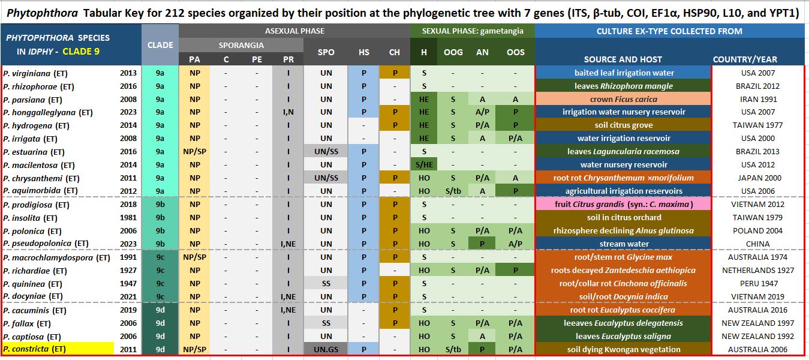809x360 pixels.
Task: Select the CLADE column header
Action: (160, 45)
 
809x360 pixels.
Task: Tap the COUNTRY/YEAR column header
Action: (745, 59)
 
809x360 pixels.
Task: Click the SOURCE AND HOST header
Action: (623, 59)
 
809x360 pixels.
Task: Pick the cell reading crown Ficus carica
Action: (623, 99)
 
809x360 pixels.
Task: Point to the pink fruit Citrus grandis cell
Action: (623, 205)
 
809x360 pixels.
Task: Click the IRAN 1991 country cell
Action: (757, 99)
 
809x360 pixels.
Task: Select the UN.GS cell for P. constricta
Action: (326, 349)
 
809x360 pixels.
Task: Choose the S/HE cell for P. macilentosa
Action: (423, 165)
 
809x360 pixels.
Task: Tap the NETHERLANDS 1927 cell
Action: (757, 271)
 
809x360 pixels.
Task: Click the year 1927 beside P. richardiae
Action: (128, 271)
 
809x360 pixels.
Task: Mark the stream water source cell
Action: (623, 244)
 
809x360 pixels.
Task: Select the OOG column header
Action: (453, 52)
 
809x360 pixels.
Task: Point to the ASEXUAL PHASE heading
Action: (294, 31)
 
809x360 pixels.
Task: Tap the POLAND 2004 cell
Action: (757, 231)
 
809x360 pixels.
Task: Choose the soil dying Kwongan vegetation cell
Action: (623, 349)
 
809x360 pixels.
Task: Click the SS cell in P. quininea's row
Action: (326, 284)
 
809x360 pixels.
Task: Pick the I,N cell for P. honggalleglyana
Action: (288, 112)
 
